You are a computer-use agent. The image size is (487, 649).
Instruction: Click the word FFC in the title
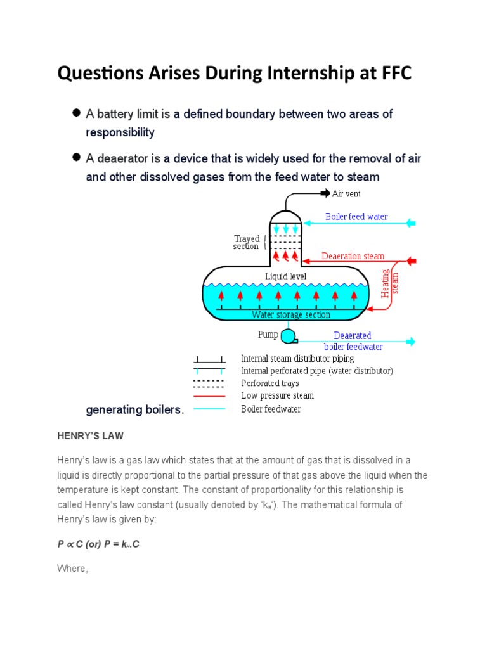[392, 74]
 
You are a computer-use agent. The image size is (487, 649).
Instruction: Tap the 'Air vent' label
[346, 193]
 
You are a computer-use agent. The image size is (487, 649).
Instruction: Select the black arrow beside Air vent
[325, 193]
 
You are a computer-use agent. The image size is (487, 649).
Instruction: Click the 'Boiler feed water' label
[356, 217]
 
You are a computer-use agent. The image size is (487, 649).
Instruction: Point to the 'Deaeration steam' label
[353, 256]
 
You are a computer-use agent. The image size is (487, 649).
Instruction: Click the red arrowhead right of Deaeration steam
[411, 260]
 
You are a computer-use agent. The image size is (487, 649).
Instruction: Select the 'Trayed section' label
[246, 242]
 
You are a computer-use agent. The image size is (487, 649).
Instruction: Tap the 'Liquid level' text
[285, 276]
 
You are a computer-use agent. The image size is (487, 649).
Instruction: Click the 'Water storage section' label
[291, 314]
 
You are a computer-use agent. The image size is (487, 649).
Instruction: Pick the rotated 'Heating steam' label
[390, 283]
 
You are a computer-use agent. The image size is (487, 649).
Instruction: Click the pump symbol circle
[289, 335]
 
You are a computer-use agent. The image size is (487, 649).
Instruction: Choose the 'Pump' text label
[268, 334]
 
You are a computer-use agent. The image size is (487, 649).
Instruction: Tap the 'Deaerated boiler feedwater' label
[353, 341]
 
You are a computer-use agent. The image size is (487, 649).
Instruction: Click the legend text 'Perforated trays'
[269, 383]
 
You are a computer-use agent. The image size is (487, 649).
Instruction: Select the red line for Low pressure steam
[209, 396]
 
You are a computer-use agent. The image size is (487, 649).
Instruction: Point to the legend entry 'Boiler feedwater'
[271, 409]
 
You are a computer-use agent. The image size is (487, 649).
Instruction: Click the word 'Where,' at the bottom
[72, 569]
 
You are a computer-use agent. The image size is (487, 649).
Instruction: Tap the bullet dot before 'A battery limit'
[76, 113]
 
